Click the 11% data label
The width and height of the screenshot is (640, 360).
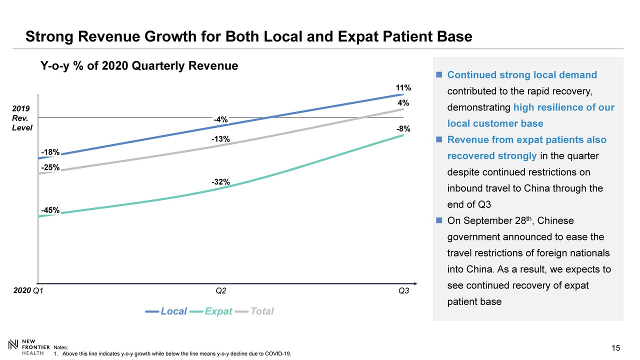[x=403, y=88]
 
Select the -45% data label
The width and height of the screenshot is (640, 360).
[x=50, y=210]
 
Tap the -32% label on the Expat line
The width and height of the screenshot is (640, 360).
[x=220, y=182]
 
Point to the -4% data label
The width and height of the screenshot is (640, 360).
[x=220, y=119]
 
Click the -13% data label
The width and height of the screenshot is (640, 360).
[x=220, y=139]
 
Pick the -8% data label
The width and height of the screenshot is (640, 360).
[x=403, y=129]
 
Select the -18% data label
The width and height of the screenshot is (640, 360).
[x=50, y=152]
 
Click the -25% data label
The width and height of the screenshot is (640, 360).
[x=50, y=167]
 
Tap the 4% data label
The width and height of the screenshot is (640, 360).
[x=404, y=103]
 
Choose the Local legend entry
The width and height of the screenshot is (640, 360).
[x=173, y=311]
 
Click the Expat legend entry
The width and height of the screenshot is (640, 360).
[x=218, y=311]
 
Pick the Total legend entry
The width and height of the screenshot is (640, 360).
[x=261, y=311]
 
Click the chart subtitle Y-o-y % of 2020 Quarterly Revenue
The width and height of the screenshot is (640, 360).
[x=139, y=65]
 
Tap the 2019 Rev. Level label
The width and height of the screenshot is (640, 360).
[x=21, y=118]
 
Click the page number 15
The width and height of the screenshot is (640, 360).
[x=615, y=348]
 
